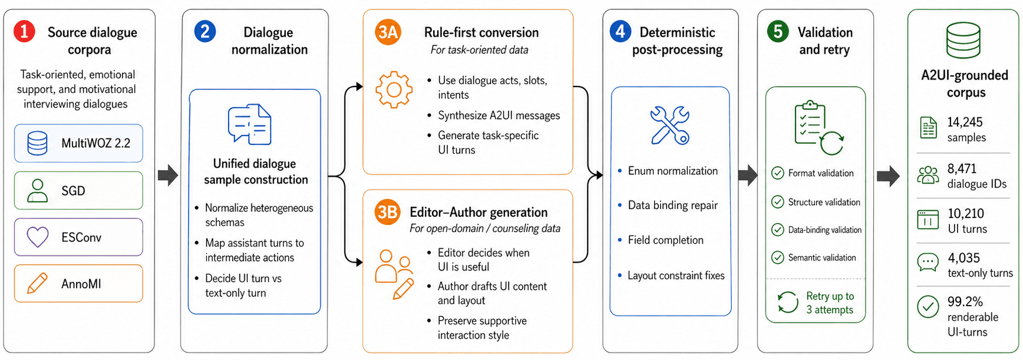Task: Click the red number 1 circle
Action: tap(25, 31)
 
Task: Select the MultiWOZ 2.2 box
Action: tap(78, 143)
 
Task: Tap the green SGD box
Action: tap(78, 191)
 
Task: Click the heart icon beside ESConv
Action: tap(38, 237)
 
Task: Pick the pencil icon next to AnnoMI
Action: tap(37, 283)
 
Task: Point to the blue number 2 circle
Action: tap(205, 31)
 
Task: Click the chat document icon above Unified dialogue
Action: tap(250, 124)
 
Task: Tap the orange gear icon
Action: tap(394, 89)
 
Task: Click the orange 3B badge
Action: tap(388, 212)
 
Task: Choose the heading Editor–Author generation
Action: tap(479, 212)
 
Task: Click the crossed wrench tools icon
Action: tap(670, 125)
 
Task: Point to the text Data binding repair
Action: tap(673, 205)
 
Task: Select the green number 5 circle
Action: tap(778, 31)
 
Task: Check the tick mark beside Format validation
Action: tap(777, 173)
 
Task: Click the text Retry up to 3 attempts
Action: tap(830, 303)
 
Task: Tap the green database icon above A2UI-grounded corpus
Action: tap(963, 40)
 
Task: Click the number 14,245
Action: tap(965, 122)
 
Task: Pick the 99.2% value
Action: tap(965, 302)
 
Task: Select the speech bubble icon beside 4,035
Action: tap(928, 262)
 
